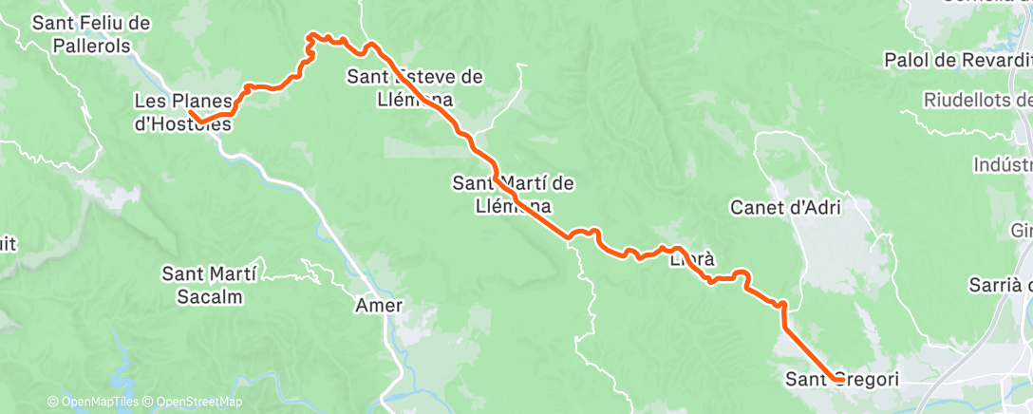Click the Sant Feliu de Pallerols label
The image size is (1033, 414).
(x=91, y=34)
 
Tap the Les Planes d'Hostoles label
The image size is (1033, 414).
(x=182, y=111)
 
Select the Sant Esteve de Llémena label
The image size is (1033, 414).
(x=416, y=86)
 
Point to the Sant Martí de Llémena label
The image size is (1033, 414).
(x=514, y=194)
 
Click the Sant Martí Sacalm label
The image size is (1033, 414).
(x=209, y=285)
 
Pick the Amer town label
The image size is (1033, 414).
(x=379, y=306)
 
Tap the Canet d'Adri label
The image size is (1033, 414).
(x=787, y=206)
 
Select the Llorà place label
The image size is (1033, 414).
(x=691, y=258)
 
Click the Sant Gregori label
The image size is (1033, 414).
(x=841, y=380)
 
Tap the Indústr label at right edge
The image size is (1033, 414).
(x=1002, y=165)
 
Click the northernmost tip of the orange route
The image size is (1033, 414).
(x=310, y=35)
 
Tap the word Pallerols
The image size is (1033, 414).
(x=91, y=46)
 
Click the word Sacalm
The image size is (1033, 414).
(x=209, y=296)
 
